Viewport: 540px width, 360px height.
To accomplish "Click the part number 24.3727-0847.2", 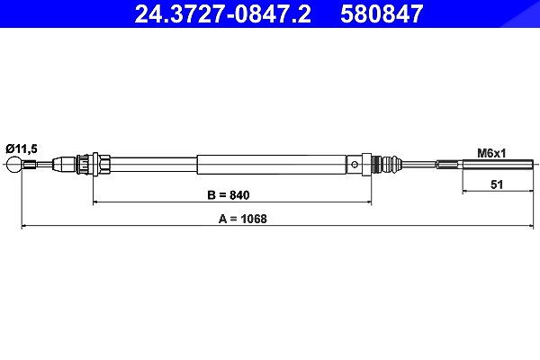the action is click(223, 13).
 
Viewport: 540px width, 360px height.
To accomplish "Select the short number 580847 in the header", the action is click(382, 13).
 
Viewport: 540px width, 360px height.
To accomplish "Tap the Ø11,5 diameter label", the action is click(22, 148).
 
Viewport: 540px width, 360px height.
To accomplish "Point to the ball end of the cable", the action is click(14, 165).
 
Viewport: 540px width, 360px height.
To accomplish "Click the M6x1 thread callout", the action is click(491, 153).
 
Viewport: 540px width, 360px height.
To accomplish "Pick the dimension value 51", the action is click(497, 184).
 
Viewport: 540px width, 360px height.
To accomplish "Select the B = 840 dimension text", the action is click(229, 195).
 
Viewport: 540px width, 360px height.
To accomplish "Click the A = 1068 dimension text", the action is click(243, 219).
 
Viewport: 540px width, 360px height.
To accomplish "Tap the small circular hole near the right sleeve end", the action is click(355, 165).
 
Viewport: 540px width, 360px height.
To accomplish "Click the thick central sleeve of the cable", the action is click(272, 165).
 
